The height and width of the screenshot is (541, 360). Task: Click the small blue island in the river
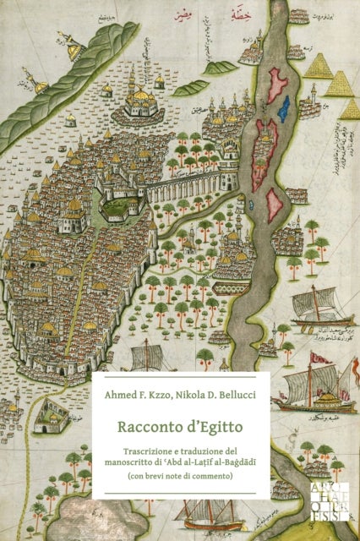click(284, 107)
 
